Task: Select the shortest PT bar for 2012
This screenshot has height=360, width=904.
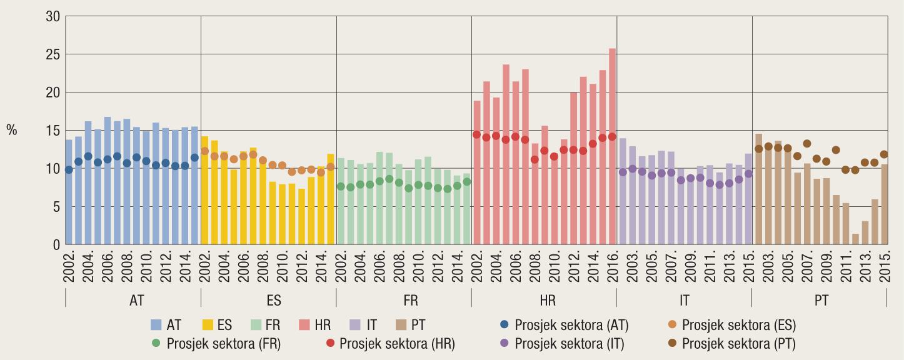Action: click(x=855, y=239)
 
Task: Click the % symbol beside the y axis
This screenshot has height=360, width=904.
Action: click(x=12, y=130)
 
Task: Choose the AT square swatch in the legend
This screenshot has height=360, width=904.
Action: click(x=156, y=325)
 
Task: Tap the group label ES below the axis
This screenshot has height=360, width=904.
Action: click(x=274, y=301)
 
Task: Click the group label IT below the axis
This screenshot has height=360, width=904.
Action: click(x=685, y=301)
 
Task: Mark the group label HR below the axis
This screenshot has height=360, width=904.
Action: click(x=548, y=301)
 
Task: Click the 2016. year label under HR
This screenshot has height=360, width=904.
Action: click(x=613, y=267)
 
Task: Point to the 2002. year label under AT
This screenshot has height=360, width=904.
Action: click(x=69, y=267)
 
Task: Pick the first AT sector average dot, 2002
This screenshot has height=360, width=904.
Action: click(x=69, y=169)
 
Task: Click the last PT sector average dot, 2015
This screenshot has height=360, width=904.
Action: click(x=884, y=154)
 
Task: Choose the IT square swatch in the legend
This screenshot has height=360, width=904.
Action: click(x=354, y=325)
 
